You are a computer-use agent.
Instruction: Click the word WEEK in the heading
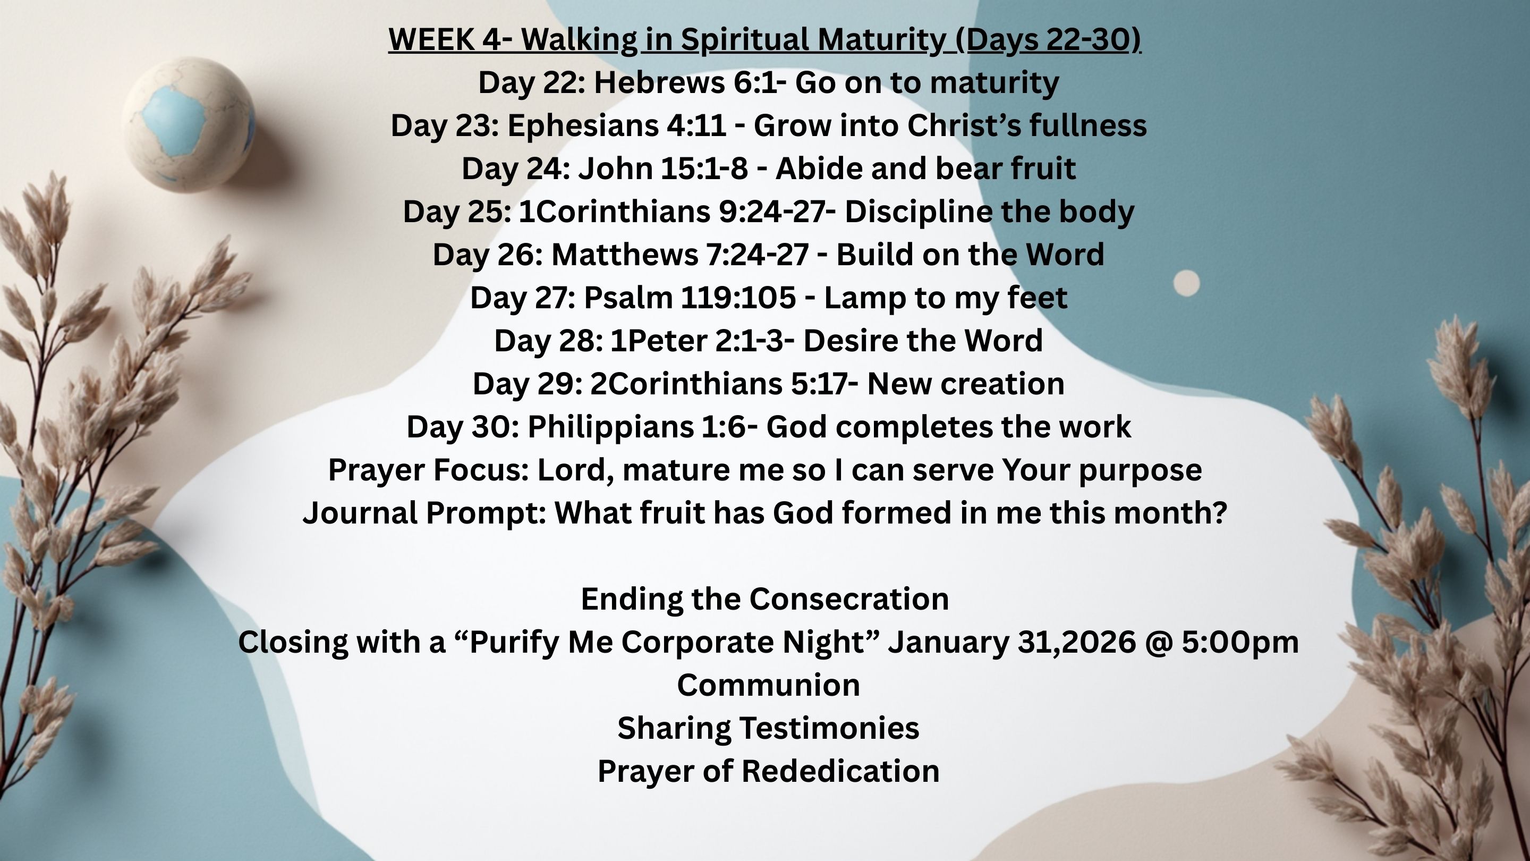pos(431,40)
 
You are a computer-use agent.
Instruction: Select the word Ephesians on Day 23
pos(583,126)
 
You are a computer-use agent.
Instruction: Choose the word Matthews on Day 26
pos(625,255)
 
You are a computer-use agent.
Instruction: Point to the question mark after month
pos(1219,513)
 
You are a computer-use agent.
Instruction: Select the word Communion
pos(769,685)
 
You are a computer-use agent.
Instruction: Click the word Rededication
pos(840,771)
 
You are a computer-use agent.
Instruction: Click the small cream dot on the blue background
pos(1187,283)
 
